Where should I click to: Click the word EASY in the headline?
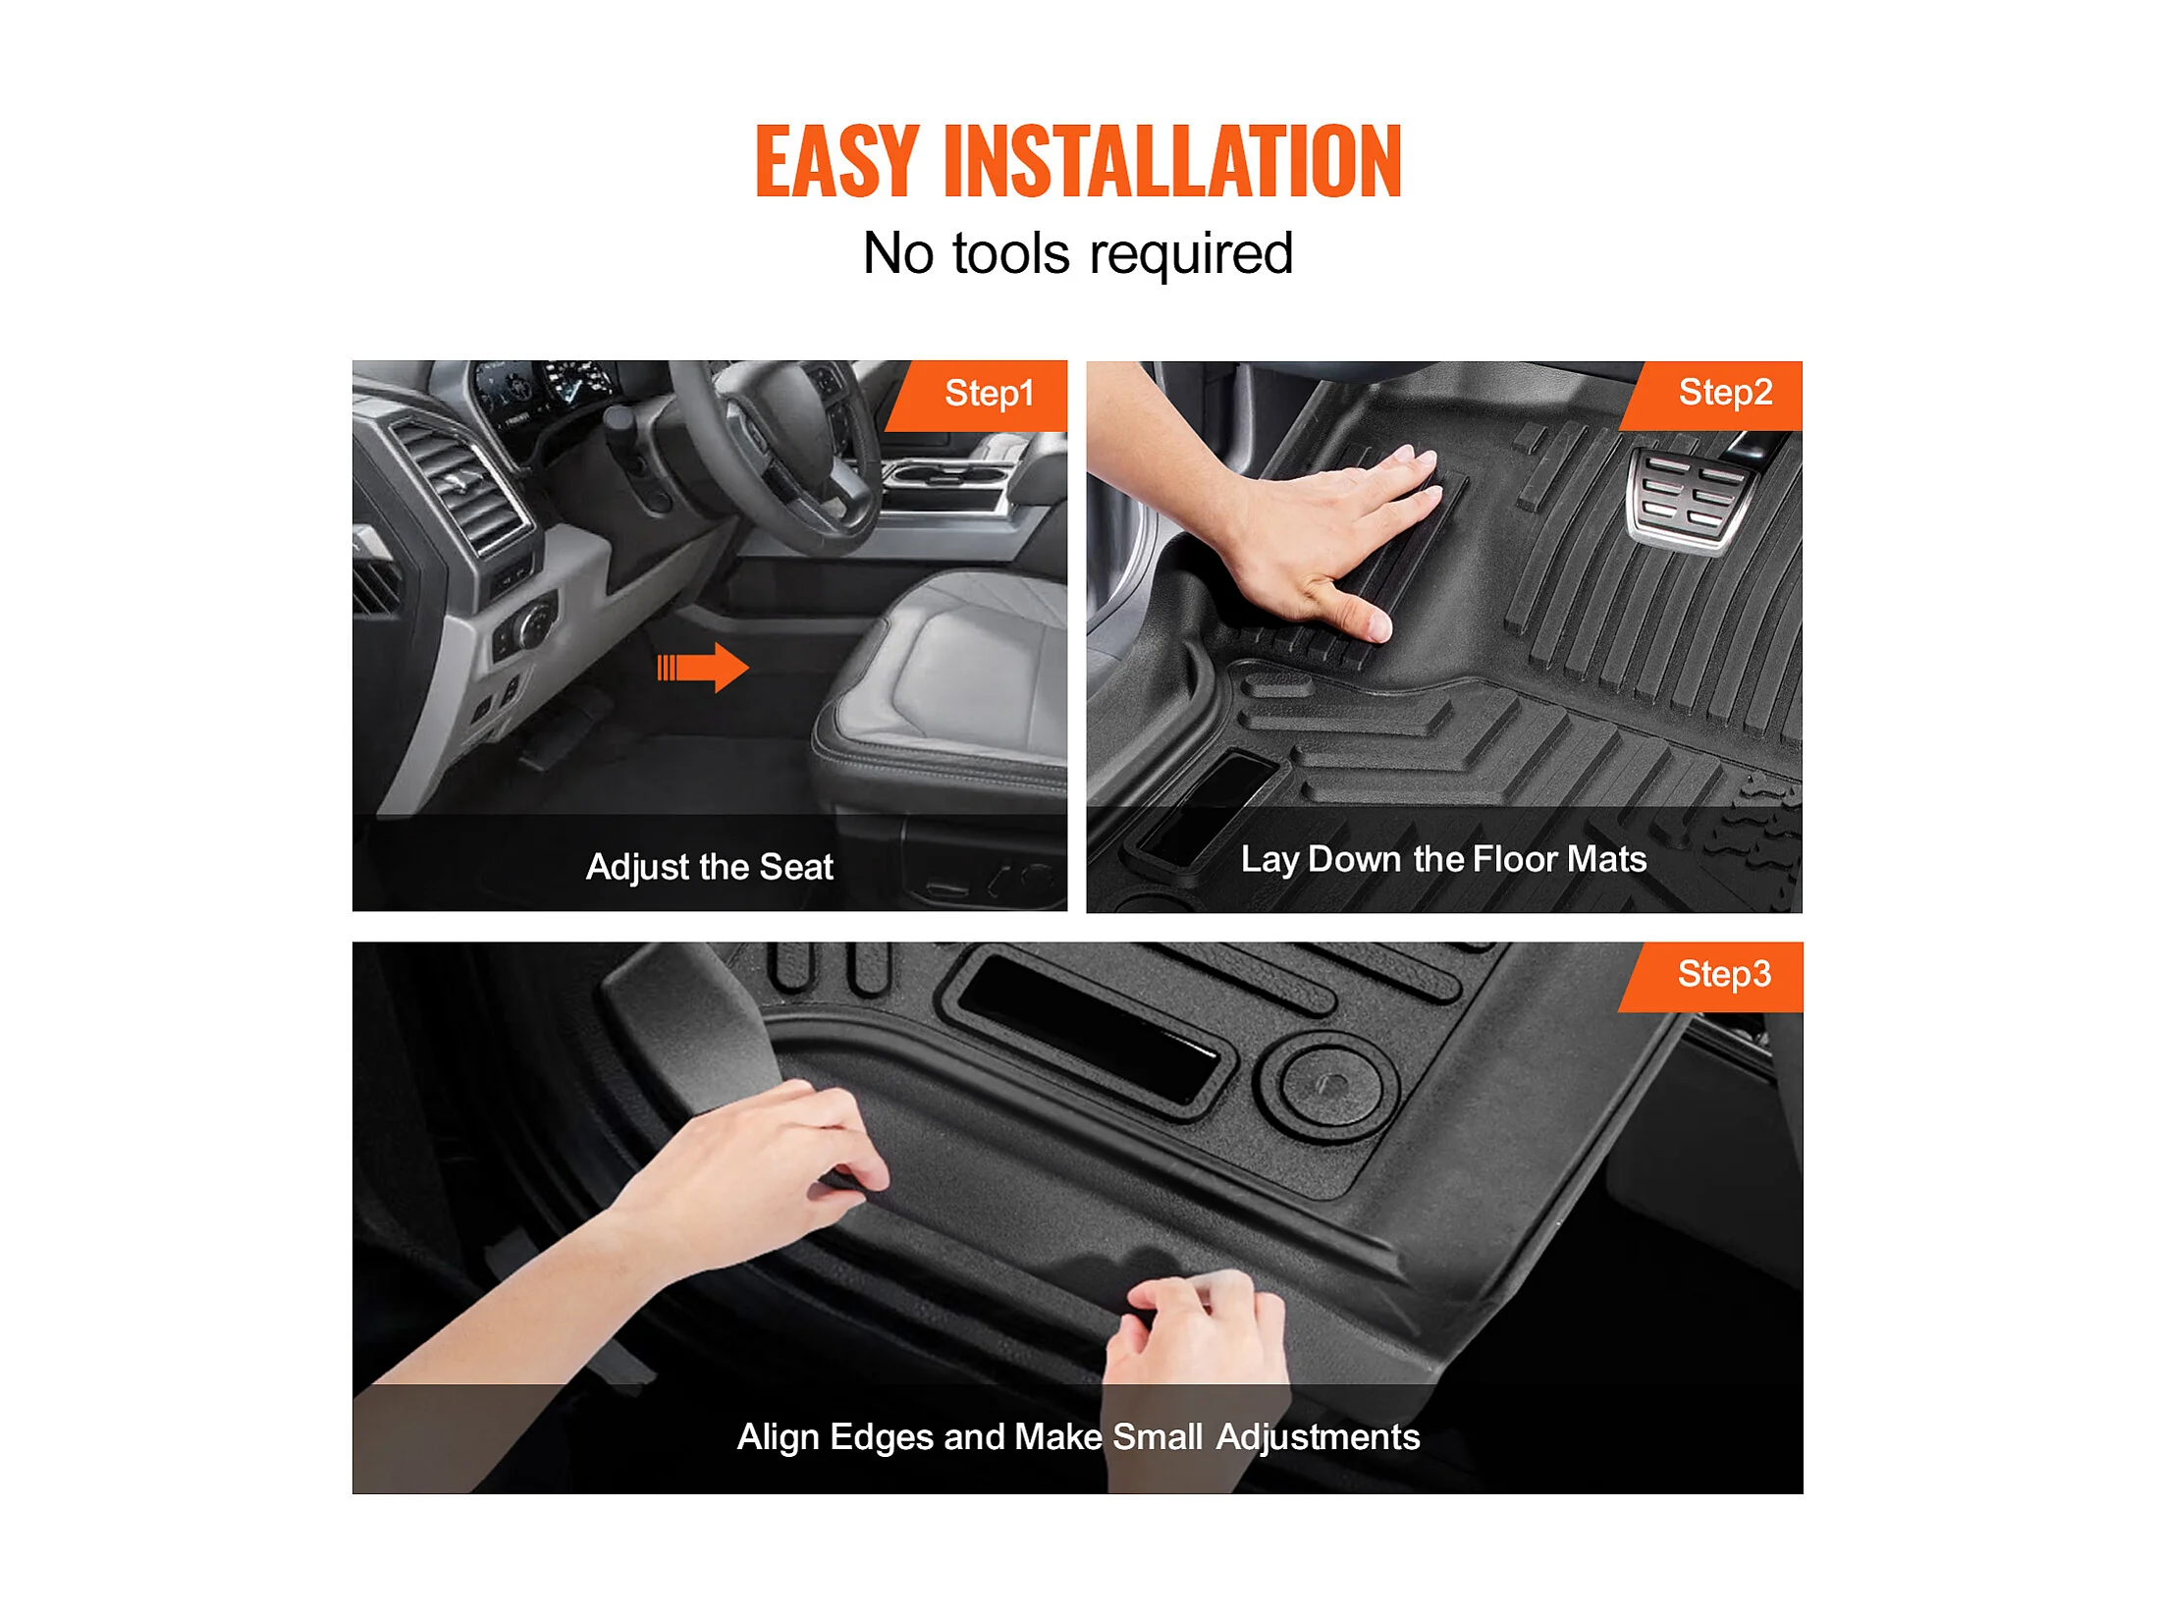point(836,161)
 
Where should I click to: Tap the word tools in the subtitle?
point(1010,253)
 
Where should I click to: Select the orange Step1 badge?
point(976,395)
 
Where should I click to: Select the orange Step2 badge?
point(1710,395)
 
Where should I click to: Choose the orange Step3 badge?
point(1710,976)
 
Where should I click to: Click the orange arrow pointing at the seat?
point(703,668)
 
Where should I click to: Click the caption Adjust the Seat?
point(709,867)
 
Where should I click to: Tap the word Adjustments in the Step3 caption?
point(1318,1437)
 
